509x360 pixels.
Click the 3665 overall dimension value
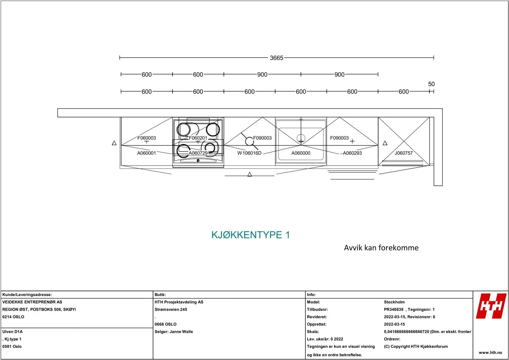pyautogui.click(x=276, y=58)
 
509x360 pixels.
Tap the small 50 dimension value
pyautogui.click(x=431, y=84)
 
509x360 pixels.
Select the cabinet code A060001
pyautogui.click(x=147, y=153)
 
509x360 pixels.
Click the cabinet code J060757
pyautogui.click(x=404, y=153)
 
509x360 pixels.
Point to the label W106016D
pyautogui.click(x=249, y=153)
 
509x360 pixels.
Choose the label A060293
pyautogui.click(x=352, y=153)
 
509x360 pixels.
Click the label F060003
pyautogui.click(x=147, y=138)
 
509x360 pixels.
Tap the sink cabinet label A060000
pyautogui.click(x=301, y=153)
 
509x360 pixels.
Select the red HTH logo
pyautogui.click(x=492, y=306)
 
